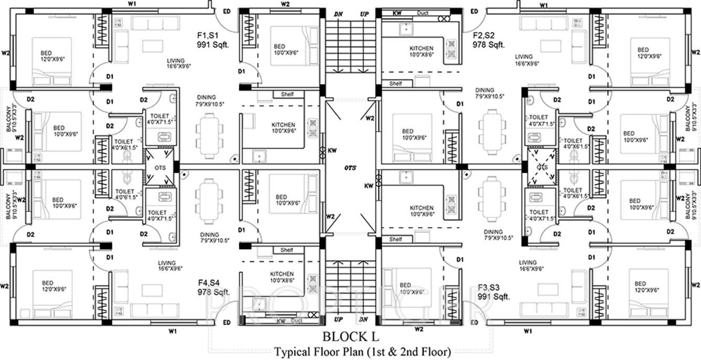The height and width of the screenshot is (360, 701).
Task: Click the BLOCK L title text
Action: pyautogui.click(x=350, y=336)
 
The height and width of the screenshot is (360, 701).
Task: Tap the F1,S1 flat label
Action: pyautogui.click(x=209, y=36)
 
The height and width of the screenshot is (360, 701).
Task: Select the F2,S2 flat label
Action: pyautogui.click(x=485, y=36)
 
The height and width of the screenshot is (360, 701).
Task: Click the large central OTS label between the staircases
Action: pyautogui.click(x=350, y=168)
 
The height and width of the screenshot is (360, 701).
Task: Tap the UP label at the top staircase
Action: pyautogui.click(x=364, y=14)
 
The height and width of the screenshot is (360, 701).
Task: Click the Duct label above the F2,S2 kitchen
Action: pyautogui.click(x=423, y=13)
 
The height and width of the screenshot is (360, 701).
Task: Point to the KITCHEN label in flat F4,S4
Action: pyautogui.click(x=282, y=274)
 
